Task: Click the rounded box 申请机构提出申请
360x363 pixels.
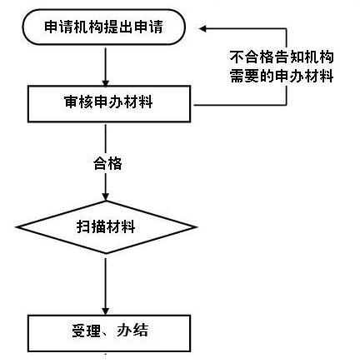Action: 103,27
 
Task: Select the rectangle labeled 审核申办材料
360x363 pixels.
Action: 109,104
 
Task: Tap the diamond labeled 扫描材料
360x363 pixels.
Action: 106,227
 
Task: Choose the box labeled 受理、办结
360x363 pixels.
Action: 109,333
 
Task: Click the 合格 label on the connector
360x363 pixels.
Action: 107,163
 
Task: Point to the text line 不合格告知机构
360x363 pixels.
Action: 282,57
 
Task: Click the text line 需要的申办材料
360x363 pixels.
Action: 282,76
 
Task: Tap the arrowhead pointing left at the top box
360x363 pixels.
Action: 202,28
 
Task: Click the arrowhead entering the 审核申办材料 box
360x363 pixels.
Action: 105,82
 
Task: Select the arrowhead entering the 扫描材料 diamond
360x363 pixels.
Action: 105,196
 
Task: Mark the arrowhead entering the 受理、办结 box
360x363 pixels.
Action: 105,311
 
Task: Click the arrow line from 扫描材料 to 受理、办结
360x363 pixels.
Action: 105,286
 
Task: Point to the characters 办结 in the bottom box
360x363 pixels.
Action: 132,331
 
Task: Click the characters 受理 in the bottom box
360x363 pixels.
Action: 86,331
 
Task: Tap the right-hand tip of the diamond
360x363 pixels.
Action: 197,227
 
